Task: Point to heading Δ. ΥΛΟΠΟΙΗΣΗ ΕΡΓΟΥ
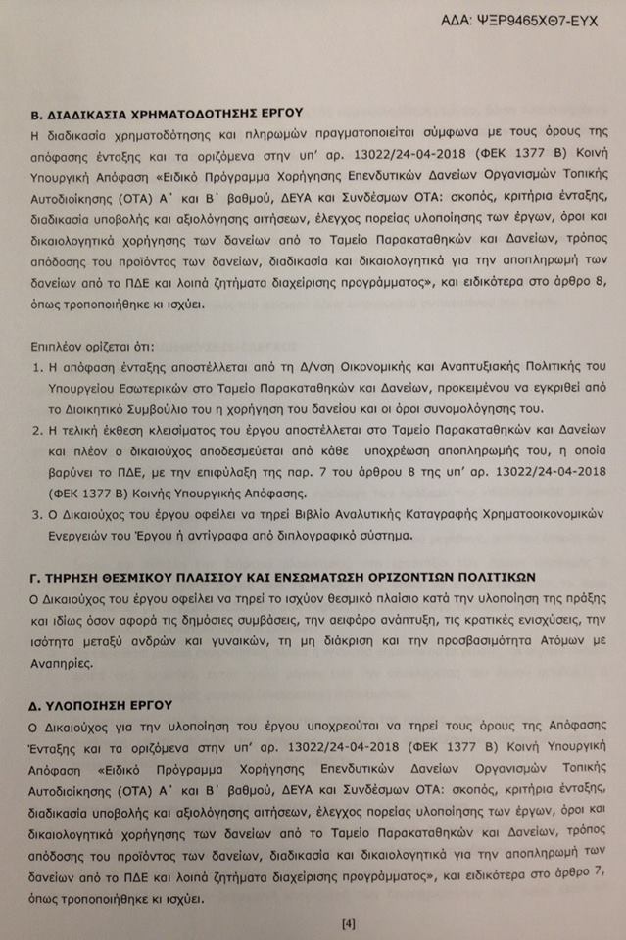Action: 102,704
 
